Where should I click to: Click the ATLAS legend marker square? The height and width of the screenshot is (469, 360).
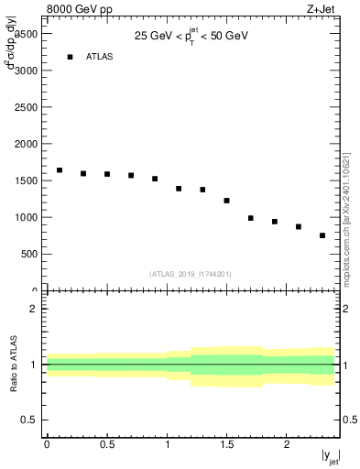(70, 57)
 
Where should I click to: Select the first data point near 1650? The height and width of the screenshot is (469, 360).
(60, 170)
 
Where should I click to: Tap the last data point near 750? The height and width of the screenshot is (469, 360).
(322, 235)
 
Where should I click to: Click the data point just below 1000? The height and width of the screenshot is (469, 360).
(250, 218)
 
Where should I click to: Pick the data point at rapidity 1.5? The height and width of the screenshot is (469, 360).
(226, 201)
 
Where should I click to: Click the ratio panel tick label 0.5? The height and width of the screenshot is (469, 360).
(29, 420)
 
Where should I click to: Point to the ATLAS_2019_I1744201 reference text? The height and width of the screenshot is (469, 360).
(190, 273)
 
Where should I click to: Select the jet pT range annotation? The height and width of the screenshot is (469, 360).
(191, 36)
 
